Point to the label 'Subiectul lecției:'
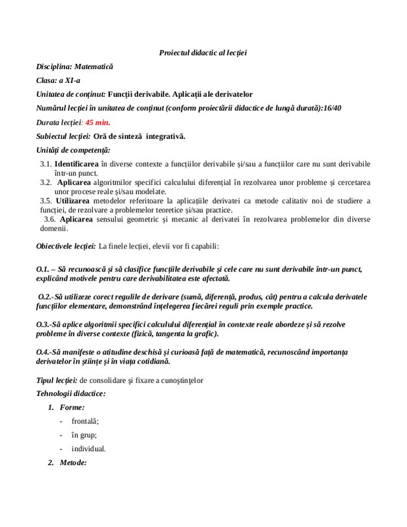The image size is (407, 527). click(63, 136)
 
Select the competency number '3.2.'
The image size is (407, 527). click(45, 182)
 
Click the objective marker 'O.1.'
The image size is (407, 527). click(43, 270)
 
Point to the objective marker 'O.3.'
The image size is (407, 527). click(43, 325)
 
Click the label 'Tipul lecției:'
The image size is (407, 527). click(57, 381)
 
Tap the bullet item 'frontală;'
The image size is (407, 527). click(86, 422)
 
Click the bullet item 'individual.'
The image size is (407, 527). click(89, 449)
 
